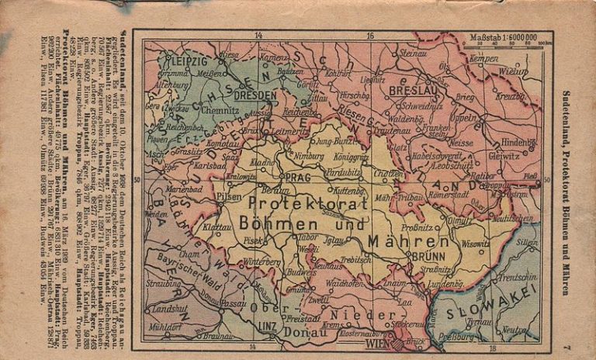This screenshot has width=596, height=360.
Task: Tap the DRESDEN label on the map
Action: pos(255,95)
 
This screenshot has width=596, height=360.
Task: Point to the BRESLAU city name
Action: pos(409,90)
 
